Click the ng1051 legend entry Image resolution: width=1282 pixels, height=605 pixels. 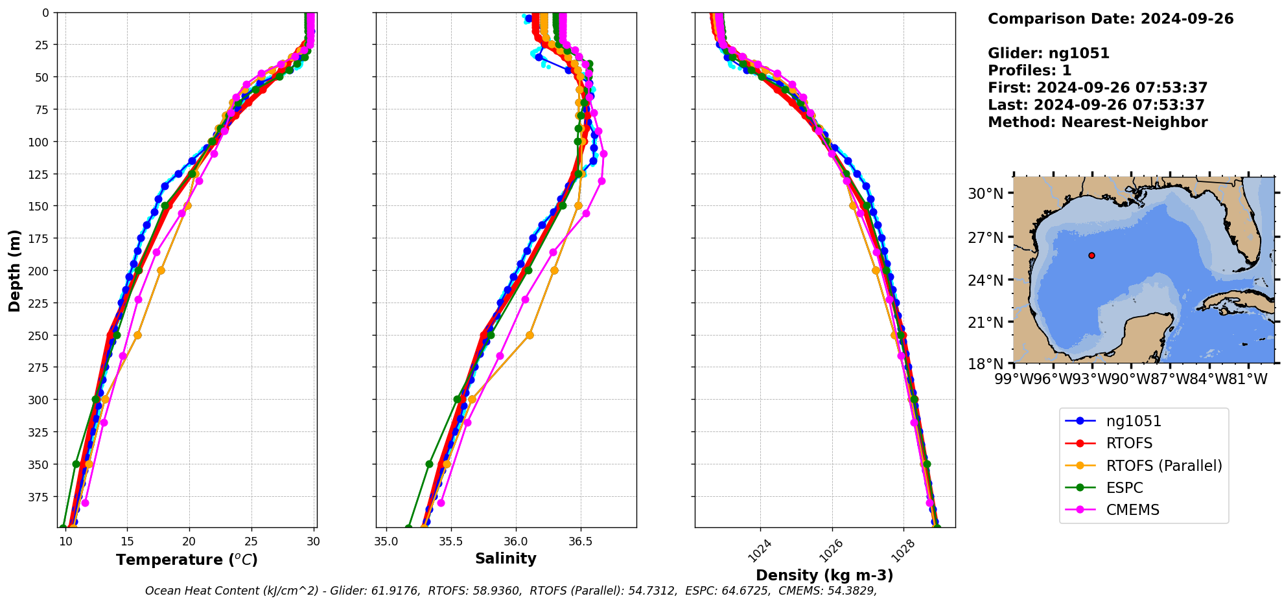click(x=1133, y=421)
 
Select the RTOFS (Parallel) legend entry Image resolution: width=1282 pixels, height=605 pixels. click(x=1163, y=466)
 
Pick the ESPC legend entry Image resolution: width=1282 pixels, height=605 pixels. click(x=1125, y=488)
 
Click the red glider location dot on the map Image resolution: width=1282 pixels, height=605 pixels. click(x=1091, y=256)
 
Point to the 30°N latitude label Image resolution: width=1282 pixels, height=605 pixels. click(x=986, y=194)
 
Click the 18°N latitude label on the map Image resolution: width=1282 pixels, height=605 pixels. click(x=986, y=363)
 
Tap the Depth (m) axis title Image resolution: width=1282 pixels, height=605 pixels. click(x=14, y=271)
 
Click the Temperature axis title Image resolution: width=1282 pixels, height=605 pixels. click(x=187, y=560)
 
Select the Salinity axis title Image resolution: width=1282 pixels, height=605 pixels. click(x=506, y=558)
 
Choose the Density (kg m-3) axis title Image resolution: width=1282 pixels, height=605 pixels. click(x=824, y=575)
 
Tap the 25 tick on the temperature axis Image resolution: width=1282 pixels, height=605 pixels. click(x=251, y=542)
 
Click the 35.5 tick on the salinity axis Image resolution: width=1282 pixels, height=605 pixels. click(x=451, y=542)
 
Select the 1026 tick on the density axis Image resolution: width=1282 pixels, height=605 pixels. click(x=831, y=551)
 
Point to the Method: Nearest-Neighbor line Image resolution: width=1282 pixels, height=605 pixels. click(x=1097, y=122)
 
